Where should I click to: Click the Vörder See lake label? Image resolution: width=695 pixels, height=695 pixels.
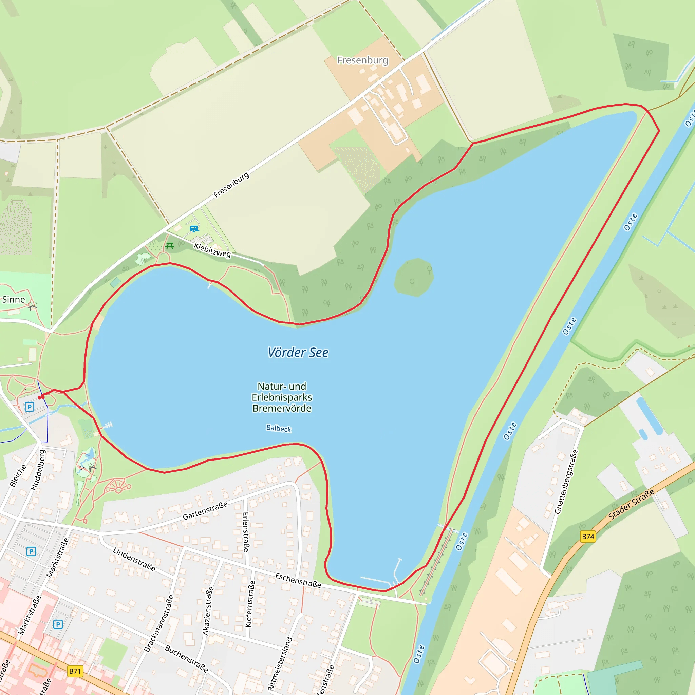pyautogui.click(x=298, y=353)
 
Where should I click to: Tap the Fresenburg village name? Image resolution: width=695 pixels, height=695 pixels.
pyautogui.click(x=363, y=60)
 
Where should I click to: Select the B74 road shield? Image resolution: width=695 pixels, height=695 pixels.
pyautogui.click(x=588, y=537)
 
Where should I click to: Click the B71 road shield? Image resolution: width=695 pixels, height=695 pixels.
pyautogui.click(x=75, y=671)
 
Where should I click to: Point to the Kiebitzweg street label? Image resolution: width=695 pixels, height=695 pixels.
pyautogui.click(x=212, y=250)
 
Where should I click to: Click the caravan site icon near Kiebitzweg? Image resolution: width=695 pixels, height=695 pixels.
pyautogui.click(x=194, y=228)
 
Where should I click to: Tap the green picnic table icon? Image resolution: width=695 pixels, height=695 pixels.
pyautogui.click(x=170, y=246)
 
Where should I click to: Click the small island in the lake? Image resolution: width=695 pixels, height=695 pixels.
pyautogui.click(x=414, y=277)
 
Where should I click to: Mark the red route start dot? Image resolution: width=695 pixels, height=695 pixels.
pyautogui.click(x=40, y=397)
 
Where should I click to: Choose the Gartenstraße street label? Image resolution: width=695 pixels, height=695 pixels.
pyautogui.click(x=205, y=510)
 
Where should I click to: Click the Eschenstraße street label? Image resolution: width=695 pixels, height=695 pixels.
pyautogui.click(x=298, y=580)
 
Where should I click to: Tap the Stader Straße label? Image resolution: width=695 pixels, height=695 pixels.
pyautogui.click(x=631, y=504)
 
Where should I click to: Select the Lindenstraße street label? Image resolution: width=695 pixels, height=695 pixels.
pyautogui.click(x=134, y=559)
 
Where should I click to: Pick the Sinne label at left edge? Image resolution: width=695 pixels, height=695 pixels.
pyautogui.click(x=14, y=299)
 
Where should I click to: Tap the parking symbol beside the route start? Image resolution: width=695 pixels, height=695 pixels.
pyautogui.click(x=30, y=407)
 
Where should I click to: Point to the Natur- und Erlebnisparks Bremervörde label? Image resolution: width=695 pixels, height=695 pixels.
pyautogui.click(x=282, y=397)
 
